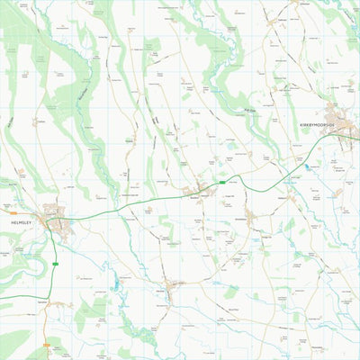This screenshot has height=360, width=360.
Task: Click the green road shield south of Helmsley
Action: pyautogui.click(x=56, y=264)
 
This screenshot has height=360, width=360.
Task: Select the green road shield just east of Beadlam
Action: pyautogui.click(x=222, y=183)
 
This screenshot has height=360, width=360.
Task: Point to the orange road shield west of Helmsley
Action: pyautogui.click(x=13, y=213)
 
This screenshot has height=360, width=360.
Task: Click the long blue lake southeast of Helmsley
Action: pyautogui.click(x=115, y=285)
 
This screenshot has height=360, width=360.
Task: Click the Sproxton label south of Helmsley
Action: pyautogui.click(x=43, y=302)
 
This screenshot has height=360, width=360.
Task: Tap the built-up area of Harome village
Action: pyautogui.click(x=171, y=287)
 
